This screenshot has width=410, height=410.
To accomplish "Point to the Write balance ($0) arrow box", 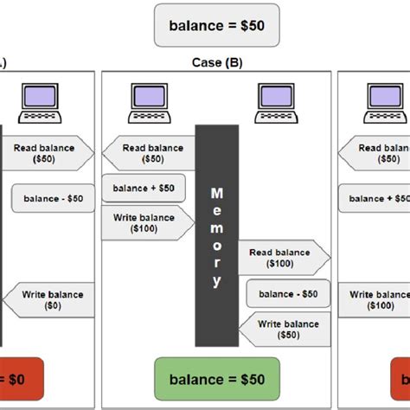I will click(x=48, y=300).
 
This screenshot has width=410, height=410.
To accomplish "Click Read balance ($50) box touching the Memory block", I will click(x=149, y=153).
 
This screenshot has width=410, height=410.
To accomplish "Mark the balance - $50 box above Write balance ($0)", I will click(x=48, y=199).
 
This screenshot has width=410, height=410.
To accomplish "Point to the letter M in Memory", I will click(x=217, y=192).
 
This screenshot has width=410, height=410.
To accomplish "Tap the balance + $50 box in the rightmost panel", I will click(x=375, y=198).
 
